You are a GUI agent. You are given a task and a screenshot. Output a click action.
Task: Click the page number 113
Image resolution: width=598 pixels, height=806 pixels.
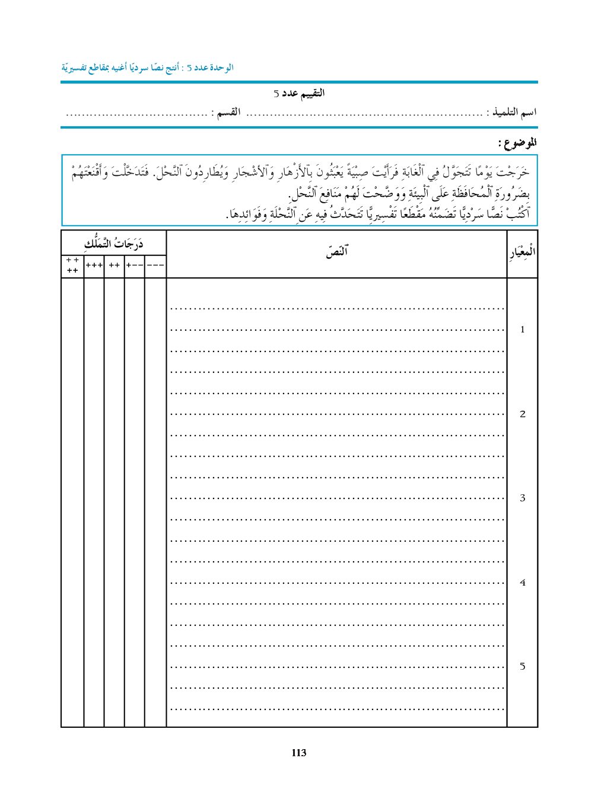click(x=299, y=753)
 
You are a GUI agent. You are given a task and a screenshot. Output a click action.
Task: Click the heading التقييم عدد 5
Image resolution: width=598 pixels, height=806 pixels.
click(x=299, y=94)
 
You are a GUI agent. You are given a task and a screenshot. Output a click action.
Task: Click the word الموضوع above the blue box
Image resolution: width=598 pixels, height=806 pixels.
click(x=517, y=143)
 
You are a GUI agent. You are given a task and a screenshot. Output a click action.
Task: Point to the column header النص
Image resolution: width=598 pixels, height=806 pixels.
click(x=336, y=252)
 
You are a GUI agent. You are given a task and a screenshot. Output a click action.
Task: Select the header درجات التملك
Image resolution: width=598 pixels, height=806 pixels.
click(x=114, y=244)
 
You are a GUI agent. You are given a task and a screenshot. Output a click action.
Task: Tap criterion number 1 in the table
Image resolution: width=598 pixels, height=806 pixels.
click(x=522, y=330)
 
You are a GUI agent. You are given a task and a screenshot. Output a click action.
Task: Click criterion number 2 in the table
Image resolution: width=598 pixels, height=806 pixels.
click(x=522, y=414)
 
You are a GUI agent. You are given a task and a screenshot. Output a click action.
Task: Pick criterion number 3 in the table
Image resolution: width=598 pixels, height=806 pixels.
click(x=522, y=498)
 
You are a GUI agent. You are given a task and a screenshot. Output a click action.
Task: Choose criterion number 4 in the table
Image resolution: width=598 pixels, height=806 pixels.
click(x=522, y=583)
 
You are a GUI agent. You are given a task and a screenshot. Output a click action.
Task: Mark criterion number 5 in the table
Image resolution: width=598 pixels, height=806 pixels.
click(x=522, y=666)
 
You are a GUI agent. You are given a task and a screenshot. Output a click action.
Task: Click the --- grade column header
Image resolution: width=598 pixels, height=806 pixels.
click(x=155, y=266)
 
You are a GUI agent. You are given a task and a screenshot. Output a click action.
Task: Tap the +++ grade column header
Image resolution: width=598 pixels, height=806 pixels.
click(x=94, y=266)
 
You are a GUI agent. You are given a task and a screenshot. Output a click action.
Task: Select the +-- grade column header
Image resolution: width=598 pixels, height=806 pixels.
click(x=135, y=266)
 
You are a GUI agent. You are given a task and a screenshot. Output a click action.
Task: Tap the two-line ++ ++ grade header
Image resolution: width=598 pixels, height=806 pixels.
click(x=72, y=266)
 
